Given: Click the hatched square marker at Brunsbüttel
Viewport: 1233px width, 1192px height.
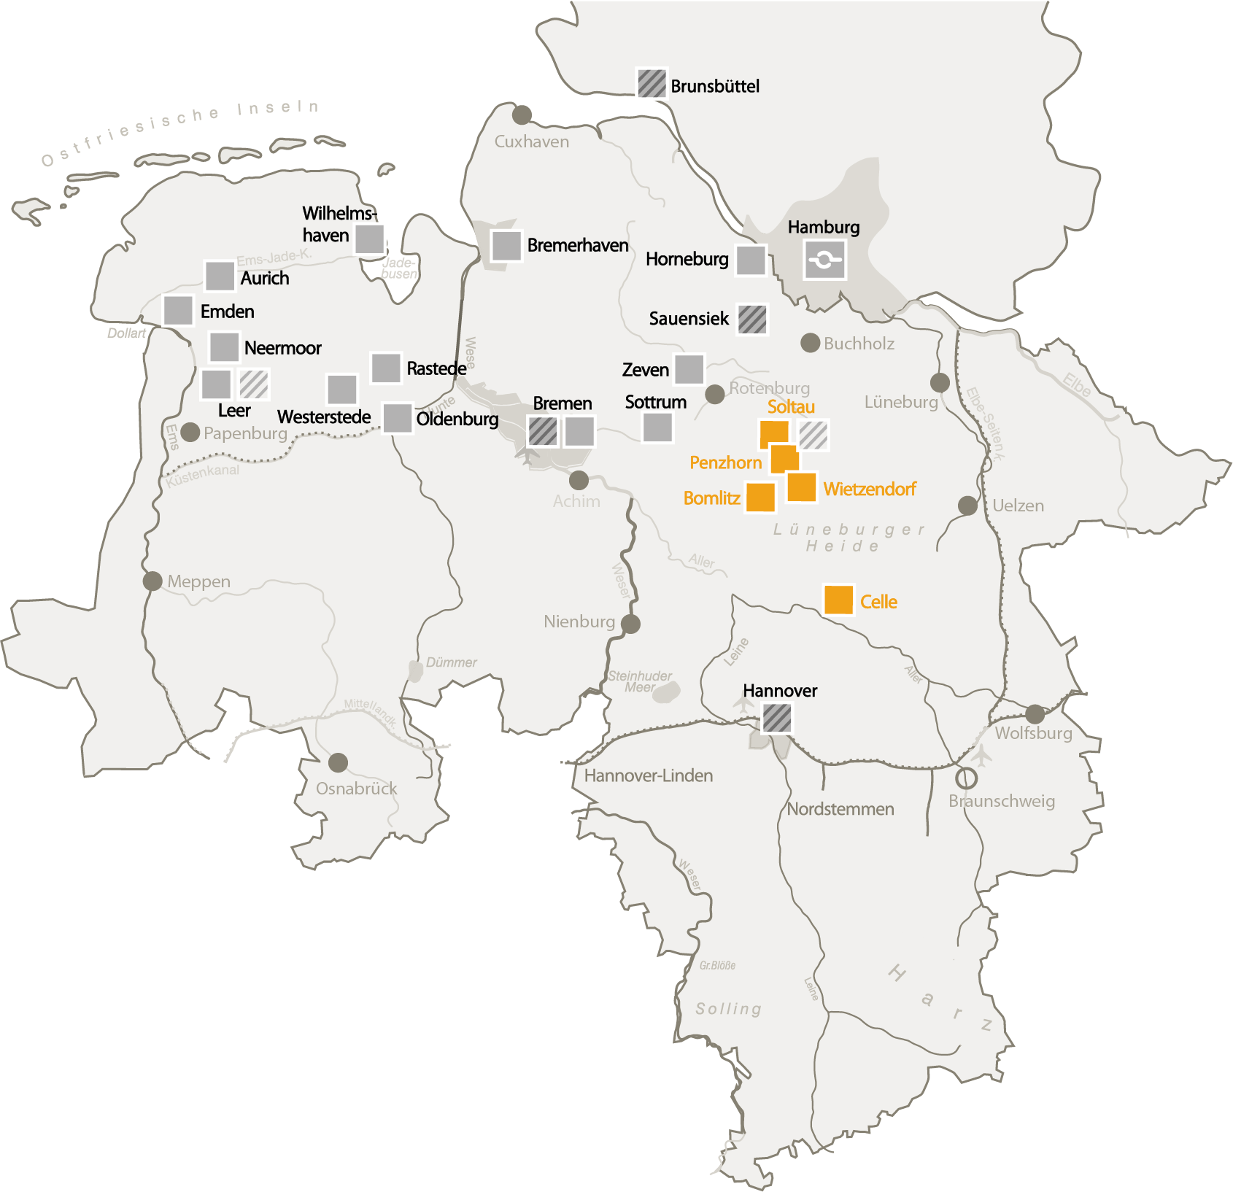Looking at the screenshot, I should click(x=652, y=84).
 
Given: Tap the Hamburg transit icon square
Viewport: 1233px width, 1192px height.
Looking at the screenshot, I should click(x=824, y=260).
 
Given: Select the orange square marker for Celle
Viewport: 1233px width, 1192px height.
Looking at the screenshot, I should click(x=838, y=600).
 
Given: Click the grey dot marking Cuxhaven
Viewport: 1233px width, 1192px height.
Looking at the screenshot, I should click(x=522, y=115).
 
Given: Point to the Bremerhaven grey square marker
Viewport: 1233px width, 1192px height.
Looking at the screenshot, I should click(x=506, y=246).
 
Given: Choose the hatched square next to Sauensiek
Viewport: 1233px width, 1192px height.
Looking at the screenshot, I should click(x=752, y=320).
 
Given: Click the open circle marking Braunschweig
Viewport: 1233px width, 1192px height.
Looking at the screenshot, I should click(x=966, y=778).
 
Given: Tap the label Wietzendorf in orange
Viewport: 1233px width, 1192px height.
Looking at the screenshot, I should click(x=870, y=489).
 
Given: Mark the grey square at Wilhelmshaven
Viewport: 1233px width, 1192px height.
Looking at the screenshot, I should click(x=370, y=239).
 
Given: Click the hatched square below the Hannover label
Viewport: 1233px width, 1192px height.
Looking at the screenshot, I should click(x=777, y=718).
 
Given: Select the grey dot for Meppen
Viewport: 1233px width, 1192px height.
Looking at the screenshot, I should click(x=152, y=581).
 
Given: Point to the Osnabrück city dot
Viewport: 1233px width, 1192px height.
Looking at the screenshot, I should click(x=338, y=763).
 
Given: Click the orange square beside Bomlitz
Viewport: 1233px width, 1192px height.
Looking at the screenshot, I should click(x=760, y=498).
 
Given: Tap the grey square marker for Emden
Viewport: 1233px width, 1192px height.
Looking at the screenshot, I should click(x=178, y=310).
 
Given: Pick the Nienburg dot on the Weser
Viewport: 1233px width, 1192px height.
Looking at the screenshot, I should click(x=630, y=624).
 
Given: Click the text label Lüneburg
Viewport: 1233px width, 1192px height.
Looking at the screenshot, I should click(x=901, y=402).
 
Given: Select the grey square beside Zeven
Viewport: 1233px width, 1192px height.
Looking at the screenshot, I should click(x=689, y=369).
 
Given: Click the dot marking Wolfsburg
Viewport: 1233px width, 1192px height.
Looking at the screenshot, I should click(x=1035, y=714).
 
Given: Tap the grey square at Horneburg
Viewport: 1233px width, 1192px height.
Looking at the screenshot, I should click(x=751, y=260).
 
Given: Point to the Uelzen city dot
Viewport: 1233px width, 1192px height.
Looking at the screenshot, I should click(x=967, y=505).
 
